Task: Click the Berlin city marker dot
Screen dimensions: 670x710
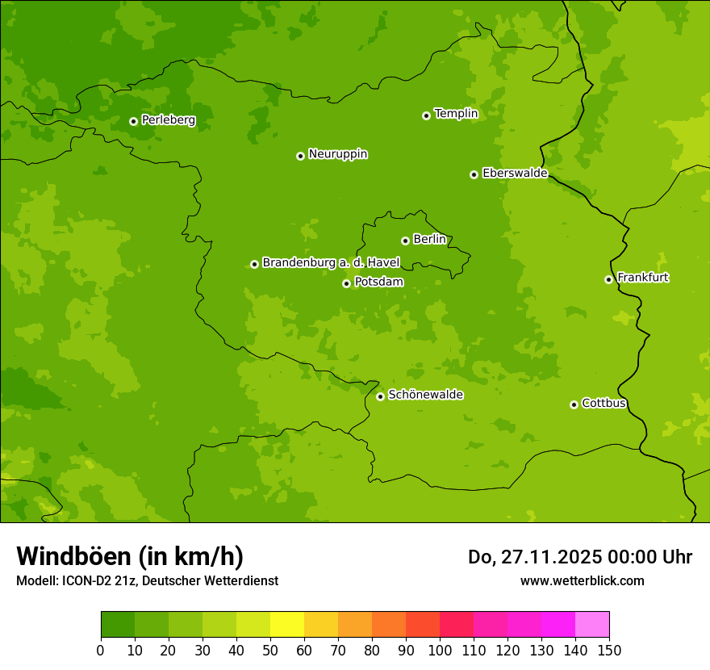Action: (x=405, y=241)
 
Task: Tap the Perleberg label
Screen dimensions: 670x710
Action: (x=168, y=120)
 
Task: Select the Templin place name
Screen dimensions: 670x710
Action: (x=456, y=114)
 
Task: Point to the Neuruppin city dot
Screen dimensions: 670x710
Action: (x=300, y=156)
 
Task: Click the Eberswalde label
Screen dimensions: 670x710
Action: (x=515, y=174)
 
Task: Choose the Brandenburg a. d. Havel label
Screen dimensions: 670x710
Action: (x=331, y=263)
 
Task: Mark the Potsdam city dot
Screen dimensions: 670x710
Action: (x=346, y=283)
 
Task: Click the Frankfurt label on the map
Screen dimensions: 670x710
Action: (x=642, y=278)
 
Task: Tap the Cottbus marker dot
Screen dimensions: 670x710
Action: (x=574, y=404)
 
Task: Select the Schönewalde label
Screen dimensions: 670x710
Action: (x=425, y=395)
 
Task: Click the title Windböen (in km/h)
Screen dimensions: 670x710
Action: (x=130, y=556)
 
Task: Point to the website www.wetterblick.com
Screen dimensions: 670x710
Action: (x=582, y=580)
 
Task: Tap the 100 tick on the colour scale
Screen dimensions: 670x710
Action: (x=440, y=650)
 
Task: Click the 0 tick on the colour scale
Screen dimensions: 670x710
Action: (x=101, y=650)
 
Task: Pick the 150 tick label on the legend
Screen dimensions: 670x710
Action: (x=609, y=650)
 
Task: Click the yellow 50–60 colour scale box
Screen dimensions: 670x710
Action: (x=287, y=624)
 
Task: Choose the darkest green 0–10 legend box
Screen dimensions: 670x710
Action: (x=118, y=624)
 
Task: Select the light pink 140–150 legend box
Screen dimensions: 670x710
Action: (x=592, y=624)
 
